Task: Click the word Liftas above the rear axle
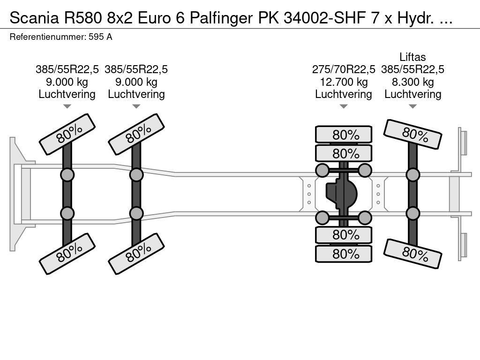pyautogui.click(x=412, y=57)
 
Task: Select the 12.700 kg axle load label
pyautogui.click(x=344, y=82)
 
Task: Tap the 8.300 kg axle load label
pyautogui.click(x=412, y=82)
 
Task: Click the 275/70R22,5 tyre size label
pyautogui.click(x=344, y=69)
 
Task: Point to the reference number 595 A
pyautogui.click(x=100, y=37)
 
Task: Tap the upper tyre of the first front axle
pyautogui.click(x=67, y=134)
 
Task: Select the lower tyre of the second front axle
pyautogui.click(x=136, y=254)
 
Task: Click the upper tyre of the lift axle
pyautogui.click(x=412, y=134)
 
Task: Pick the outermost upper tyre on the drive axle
pyautogui.click(x=344, y=135)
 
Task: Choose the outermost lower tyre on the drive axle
pyautogui.click(x=344, y=254)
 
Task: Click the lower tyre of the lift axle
pyautogui.click(x=412, y=254)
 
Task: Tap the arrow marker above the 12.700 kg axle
pyautogui.click(x=344, y=106)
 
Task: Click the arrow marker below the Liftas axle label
pyautogui.click(x=412, y=106)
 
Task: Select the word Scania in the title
pyautogui.click(x=34, y=18)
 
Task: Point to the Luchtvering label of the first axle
pyautogui.click(x=67, y=94)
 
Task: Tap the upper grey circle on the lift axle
pyautogui.click(x=412, y=175)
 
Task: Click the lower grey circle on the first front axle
pyautogui.click(x=67, y=213)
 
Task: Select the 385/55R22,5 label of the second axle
pyautogui.click(x=136, y=69)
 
